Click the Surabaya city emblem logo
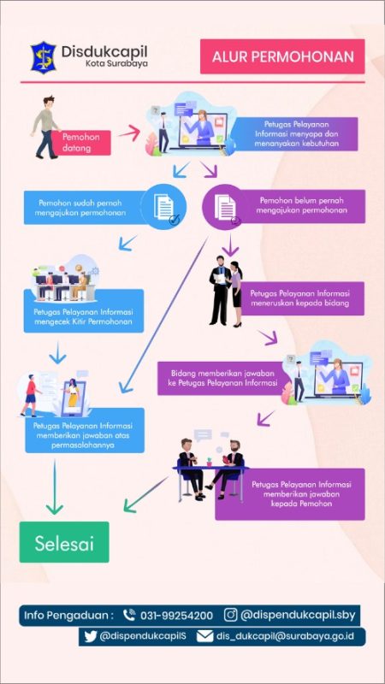[44, 57]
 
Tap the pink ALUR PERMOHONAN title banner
[282, 56]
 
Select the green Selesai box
[64, 542]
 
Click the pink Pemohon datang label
[80, 143]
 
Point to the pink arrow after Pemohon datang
[129, 133]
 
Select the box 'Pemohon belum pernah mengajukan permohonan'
[302, 206]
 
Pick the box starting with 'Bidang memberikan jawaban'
[222, 378]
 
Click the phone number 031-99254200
[176, 616]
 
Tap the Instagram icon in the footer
[230, 615]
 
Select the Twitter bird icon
[91, 636]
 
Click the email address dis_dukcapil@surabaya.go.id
[285, 636]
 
